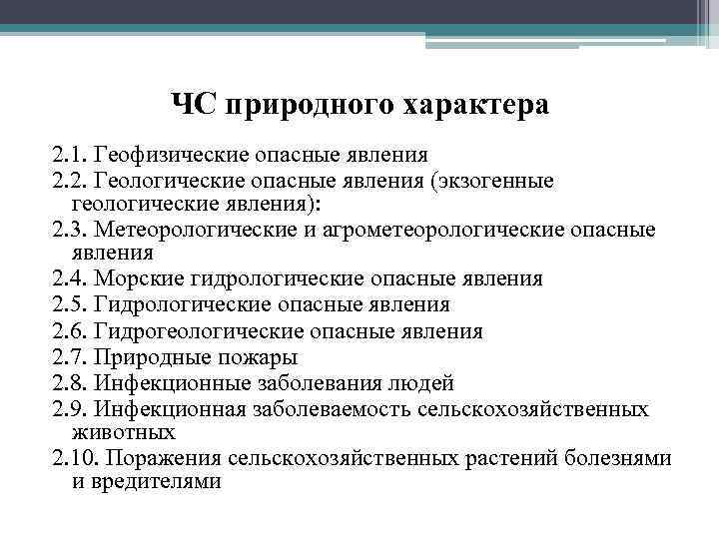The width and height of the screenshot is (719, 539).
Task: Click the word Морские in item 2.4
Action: pyautogui.click(x=128, y=278)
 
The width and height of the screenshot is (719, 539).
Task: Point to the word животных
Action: pyautogui.click(x=124, y=432)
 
